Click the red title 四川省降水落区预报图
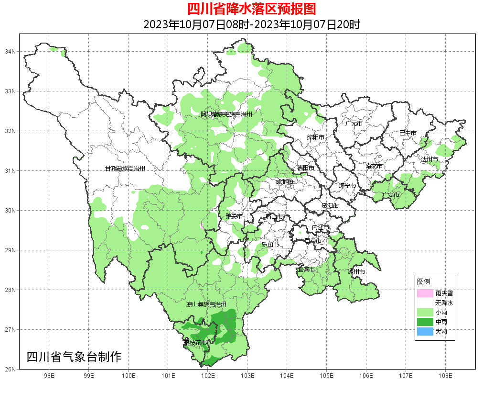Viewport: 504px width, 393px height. (x=251, y=9)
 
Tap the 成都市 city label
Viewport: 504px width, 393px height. (x=284, y=182)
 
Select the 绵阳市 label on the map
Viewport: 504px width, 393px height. (x=315, y=137)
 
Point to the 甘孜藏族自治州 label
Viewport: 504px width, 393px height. (x=125, y=169)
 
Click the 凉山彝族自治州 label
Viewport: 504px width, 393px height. (x=206, y=304)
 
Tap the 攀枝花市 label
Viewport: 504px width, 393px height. (x=195, y=343)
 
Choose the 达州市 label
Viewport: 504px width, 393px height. (x=429, y=159)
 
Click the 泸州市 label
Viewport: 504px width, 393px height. (x=356, y=272)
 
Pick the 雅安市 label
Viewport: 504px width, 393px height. (x=234, y=216)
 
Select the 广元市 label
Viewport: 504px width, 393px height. (x=354, y=124)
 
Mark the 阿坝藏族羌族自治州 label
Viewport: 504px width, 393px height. (x=226, y=114)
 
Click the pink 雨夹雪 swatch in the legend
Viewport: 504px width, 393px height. (x=425, y=293)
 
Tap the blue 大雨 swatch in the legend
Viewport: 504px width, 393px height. (x=425, y=331)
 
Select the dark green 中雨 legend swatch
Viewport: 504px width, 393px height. (x=425, y=322)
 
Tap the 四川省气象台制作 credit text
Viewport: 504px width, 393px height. (x=74, y=357)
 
